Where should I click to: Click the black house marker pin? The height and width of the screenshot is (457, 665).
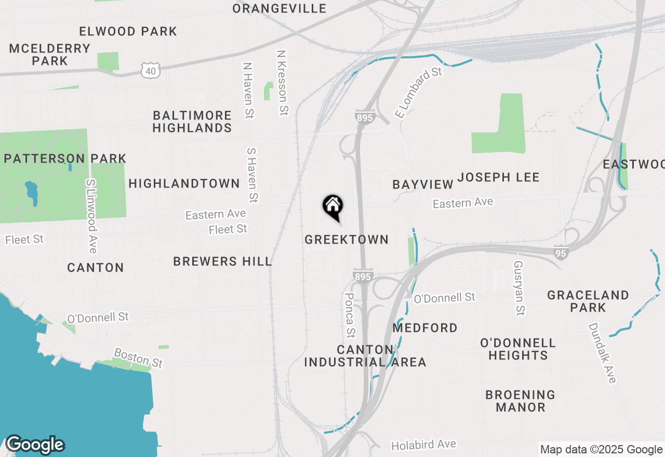coord(332,206)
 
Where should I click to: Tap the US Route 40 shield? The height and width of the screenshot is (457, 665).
coord(150,71)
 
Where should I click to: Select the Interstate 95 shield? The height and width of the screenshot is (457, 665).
coord(561,252)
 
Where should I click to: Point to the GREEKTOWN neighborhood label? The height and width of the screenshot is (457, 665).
coord(347,239)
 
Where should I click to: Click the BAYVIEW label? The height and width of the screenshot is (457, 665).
coord(423,184)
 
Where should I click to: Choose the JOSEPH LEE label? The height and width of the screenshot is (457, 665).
coord(499,177)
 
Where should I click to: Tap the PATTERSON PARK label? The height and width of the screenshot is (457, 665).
coord(65,158)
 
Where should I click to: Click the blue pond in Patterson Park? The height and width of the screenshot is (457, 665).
coord(31,192)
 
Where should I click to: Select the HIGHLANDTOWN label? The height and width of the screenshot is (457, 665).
coord(184,183)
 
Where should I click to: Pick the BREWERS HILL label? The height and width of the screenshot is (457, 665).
coord(222,261)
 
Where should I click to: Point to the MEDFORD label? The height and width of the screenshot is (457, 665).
coord(425,328)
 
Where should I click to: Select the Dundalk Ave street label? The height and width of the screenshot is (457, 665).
coord(602,353)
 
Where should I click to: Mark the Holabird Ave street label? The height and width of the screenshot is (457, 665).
coord(423,445)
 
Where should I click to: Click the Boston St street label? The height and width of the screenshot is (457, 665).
coord(139,358)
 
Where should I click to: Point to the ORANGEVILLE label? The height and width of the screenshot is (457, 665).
coord(280,9)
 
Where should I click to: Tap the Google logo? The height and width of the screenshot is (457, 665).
coord(35,445)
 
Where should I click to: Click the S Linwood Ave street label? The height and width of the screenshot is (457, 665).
coord(91,216)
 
